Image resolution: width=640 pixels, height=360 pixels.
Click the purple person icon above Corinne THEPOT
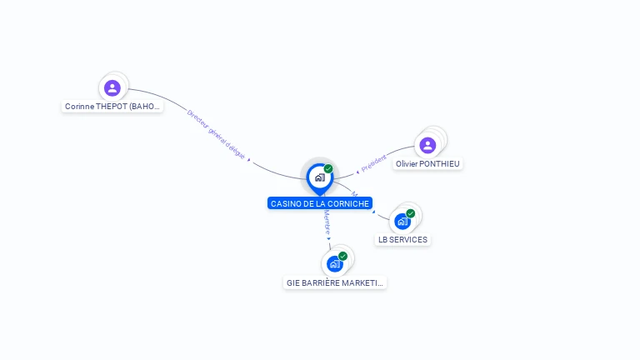[x=112, y=88]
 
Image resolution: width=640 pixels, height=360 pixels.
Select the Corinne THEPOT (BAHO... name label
[x=112, y=107]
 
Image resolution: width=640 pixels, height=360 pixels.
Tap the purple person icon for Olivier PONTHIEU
[x=427, y=146]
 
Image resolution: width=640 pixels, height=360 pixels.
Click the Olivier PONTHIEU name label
[x=427, y=164]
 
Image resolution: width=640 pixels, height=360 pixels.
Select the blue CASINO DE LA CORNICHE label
[x=320, y=203]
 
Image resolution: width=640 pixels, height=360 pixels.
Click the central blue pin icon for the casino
[x=319, y=177]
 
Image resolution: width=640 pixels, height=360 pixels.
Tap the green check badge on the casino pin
[x=328, y=169]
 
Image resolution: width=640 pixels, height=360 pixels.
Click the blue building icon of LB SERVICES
[x=402, y=222]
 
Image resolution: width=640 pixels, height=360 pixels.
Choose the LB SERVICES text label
[x=402, y=240]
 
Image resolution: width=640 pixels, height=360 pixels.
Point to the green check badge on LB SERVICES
[x=411, y=213]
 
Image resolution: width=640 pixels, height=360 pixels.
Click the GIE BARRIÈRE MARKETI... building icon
[x=335, y=264]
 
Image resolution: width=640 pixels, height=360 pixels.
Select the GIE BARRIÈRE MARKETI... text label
[x=335, y=283]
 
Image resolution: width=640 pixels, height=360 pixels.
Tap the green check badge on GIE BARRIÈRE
[x=342, y=257]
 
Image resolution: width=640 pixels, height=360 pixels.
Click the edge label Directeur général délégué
[x=216, y=133]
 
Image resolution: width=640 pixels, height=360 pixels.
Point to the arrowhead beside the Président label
[x=357, y=172]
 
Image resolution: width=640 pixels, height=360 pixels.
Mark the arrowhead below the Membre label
[x=329, y=238]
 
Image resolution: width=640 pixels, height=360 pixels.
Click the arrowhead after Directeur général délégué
[x=250, y=162]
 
